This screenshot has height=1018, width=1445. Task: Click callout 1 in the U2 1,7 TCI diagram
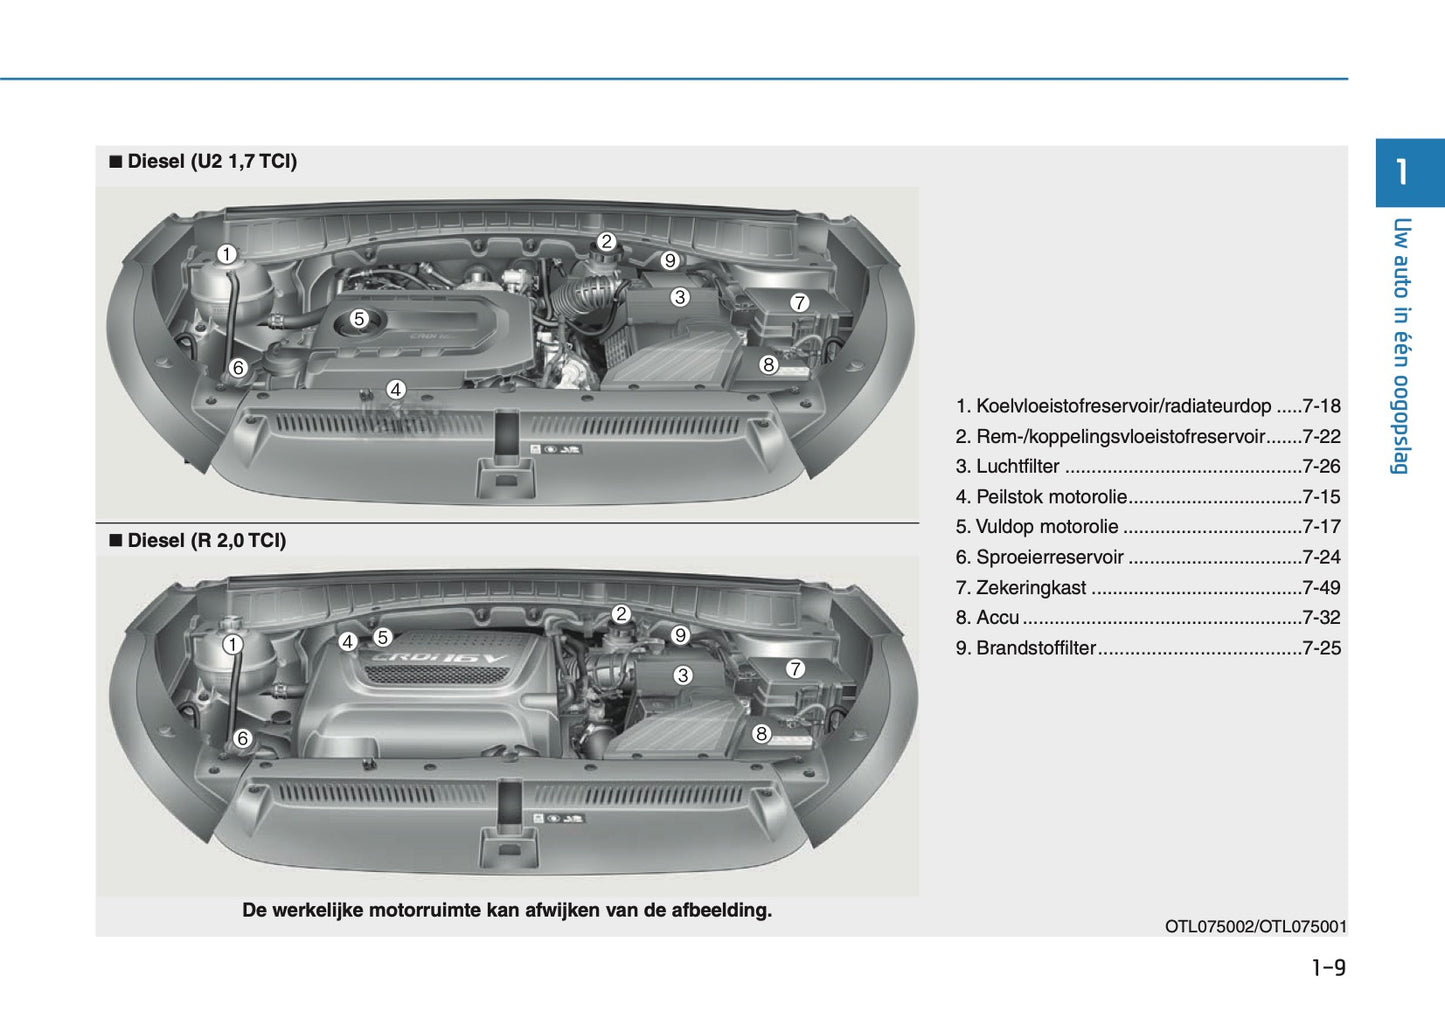[x=227, y=254]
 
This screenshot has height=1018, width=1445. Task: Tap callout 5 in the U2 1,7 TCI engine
[x=359, y=319]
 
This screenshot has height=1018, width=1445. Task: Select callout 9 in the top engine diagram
[x=670, y=260]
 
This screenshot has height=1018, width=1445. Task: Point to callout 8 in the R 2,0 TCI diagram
[x=761, y=734]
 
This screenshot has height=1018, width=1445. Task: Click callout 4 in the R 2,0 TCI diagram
[x=348, y=642]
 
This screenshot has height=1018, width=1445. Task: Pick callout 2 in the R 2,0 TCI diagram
[x=621, y=614]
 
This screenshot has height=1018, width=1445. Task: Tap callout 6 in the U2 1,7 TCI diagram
[x=238, y=368]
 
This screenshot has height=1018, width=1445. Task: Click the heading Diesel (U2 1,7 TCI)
[x=211, y=161]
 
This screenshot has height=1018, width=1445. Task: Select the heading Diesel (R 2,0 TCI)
[x=206, y=540]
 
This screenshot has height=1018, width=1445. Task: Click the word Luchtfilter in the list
[x=1017, y=466]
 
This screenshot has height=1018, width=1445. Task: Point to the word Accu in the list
[x=997, y=617]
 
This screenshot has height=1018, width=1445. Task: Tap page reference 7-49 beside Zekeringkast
[x=1321, y=587]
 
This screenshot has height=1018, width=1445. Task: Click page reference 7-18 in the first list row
[x=1321, y=406]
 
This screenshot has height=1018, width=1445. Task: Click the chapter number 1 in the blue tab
[x=1402, y=172]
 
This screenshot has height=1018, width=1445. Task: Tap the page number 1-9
[x=1328, y=967]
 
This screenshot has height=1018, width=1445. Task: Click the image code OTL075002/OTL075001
[x=1255, y=926]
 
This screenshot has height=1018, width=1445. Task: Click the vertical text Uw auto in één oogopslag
[x=1401, y=345]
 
